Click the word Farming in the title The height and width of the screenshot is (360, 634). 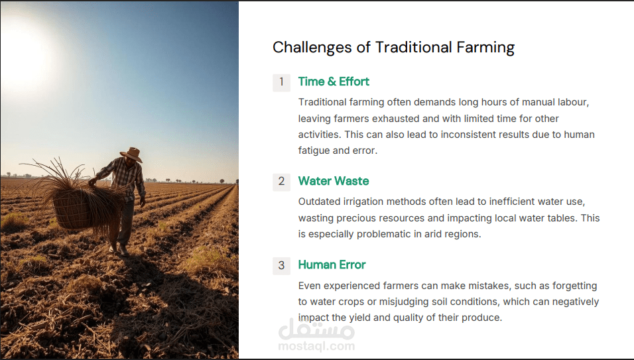pos(485,48)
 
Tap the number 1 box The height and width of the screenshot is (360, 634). pos(281,82)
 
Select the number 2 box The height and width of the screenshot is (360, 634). pos(281,182)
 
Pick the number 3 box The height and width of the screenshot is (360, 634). pos(281,266)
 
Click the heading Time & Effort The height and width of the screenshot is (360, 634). pos(334,82)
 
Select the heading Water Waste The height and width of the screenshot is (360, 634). pos(334,181)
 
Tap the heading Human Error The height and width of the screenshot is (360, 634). pos(332,265)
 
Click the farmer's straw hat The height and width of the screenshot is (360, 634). pos(131,154)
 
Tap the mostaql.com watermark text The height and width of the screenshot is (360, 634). pos(316,346)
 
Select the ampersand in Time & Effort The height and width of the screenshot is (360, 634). pos(332,82)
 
